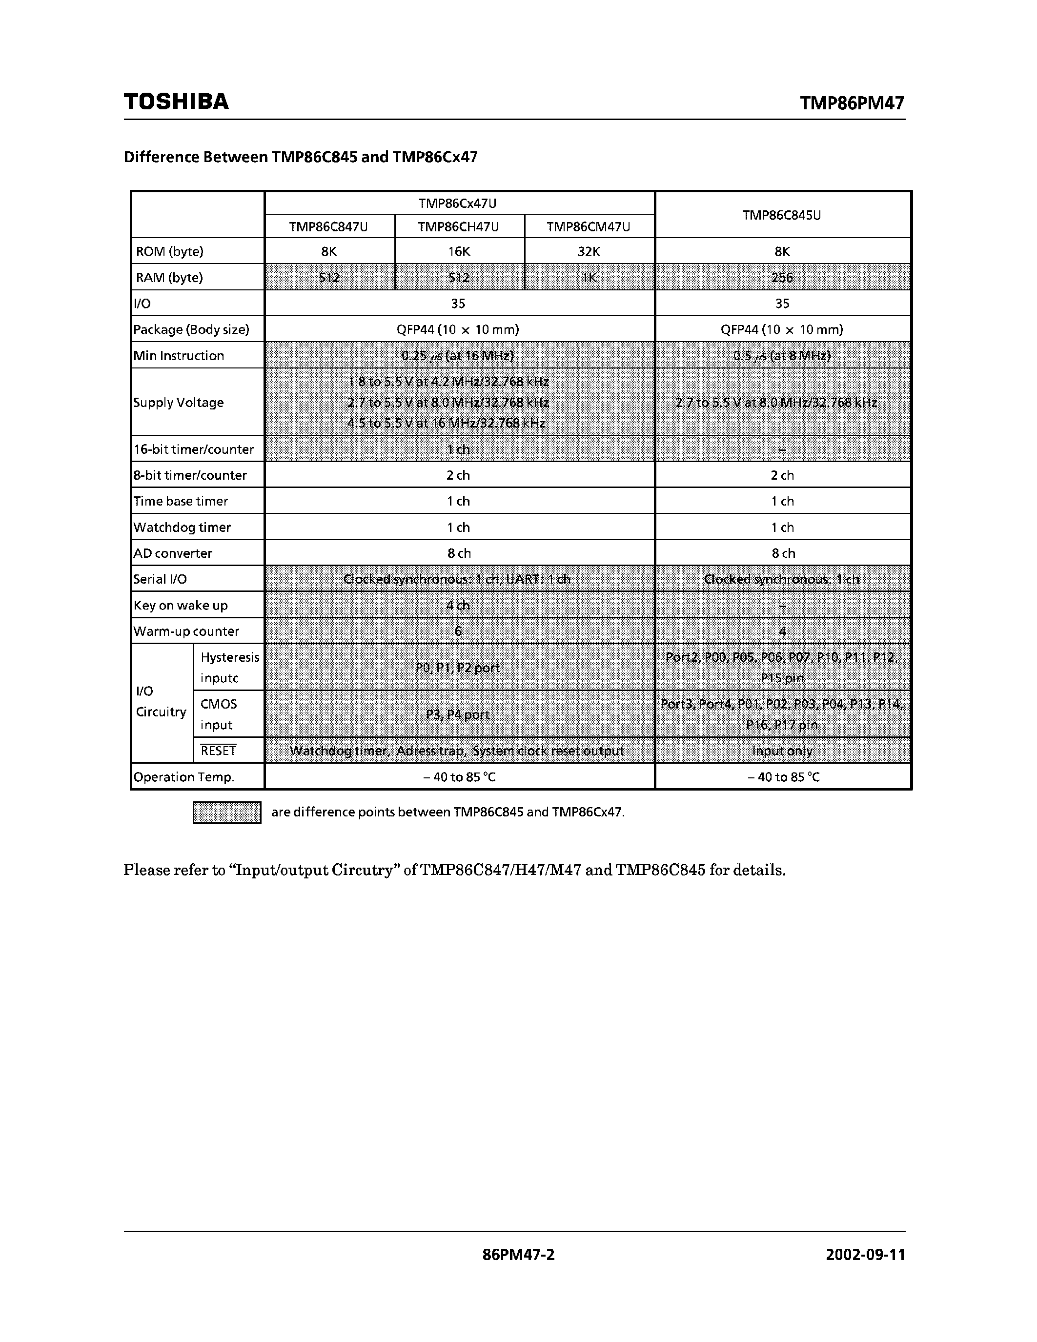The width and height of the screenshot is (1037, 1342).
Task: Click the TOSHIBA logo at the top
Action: click(176, 102)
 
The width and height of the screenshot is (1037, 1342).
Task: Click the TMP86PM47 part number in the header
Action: click(852, 103)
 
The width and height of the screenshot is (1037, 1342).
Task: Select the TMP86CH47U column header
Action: click(458, 227)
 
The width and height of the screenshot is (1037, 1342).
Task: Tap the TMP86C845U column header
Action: click(781, 215)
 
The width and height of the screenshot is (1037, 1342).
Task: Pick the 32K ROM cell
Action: click(589, 251)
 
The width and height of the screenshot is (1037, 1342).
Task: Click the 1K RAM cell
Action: click(589, 277)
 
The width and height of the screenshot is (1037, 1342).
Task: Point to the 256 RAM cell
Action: click(782, 277)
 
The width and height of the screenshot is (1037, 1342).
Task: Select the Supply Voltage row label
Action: click(178, 403)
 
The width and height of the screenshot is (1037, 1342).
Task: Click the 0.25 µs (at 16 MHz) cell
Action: click(458, 355)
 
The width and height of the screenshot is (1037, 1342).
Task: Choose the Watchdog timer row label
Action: click(182, 527)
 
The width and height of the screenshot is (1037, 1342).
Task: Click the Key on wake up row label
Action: click(181, 605)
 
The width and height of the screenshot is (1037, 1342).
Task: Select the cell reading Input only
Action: click(782, 751)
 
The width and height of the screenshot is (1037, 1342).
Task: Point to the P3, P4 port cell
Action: click(458, 714)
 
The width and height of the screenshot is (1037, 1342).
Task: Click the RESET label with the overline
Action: click(218, 751)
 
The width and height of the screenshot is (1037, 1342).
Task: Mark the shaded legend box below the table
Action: click(227, 813)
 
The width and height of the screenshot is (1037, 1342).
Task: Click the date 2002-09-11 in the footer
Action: click(865, 1255)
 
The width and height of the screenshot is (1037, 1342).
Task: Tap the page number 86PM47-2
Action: click(518, 1255)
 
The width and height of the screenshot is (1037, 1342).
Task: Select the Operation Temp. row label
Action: click(183, 777)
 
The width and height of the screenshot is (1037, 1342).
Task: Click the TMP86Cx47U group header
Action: click(458, 203)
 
